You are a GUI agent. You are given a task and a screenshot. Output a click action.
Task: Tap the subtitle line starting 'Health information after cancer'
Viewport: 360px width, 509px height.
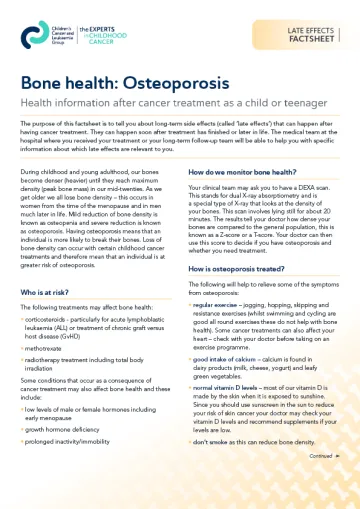[154, 101]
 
